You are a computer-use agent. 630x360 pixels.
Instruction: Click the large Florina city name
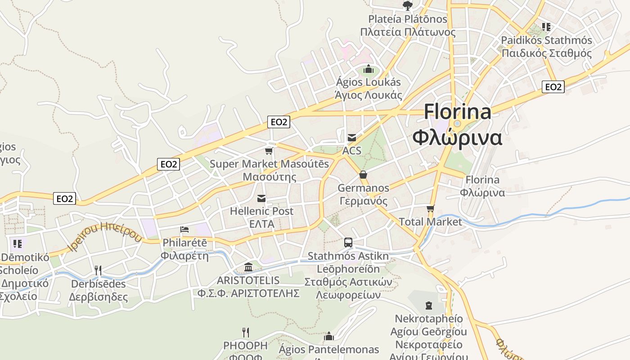click(x=457, y=112)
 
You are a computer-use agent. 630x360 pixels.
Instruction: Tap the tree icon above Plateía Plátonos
click(x=407, y=6)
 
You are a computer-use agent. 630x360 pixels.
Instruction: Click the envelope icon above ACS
click(x=352, y=137)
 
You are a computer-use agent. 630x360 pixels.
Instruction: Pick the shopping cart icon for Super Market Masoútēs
click(x=269, y=151)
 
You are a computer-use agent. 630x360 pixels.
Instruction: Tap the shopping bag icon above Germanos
click(x=363, y=175)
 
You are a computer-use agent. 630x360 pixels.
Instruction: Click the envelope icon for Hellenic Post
click(x=261, y=198)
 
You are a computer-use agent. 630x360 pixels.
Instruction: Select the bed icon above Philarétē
click(x=184, y=229)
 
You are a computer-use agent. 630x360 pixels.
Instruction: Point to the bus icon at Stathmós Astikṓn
click(x=348, y=243)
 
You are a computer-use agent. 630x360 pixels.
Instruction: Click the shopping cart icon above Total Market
click(x=431, y=208)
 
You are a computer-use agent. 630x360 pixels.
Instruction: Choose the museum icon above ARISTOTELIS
click(x=248, y=267)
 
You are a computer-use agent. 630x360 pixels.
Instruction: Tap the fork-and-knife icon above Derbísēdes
click(x=98, y=270)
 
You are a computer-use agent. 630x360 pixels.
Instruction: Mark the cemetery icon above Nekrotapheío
click(x=429, y=306)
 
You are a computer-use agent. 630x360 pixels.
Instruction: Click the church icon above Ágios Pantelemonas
click(x=329, y=336)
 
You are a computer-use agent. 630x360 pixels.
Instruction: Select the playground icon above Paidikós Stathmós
click(x=546, y=27)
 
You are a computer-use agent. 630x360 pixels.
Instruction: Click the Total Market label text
click(x=431, y=222)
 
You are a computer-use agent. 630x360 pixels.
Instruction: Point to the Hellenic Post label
click(x=261, y=211)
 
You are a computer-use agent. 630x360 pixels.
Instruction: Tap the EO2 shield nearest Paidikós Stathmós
click(x=553, y=87)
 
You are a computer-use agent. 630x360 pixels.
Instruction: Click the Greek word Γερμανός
click(x=363, y=201)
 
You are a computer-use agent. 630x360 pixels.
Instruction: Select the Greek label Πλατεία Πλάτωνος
click(x=408, y=32)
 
